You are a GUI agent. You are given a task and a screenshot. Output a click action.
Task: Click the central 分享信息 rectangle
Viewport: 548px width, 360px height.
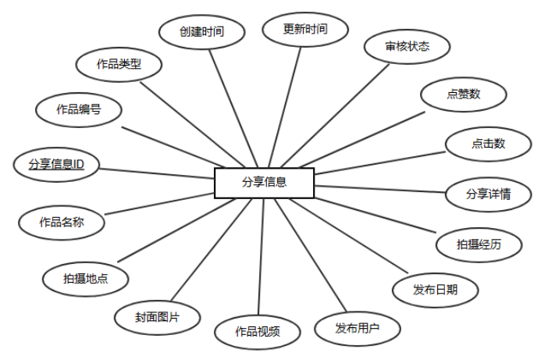point(264,183)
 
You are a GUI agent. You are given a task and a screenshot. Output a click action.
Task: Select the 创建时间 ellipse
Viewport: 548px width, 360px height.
point(202,32)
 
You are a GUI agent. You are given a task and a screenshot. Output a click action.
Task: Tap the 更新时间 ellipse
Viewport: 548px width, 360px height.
point(304,30)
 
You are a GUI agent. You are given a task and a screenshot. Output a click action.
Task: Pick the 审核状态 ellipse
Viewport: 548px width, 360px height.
point(407,47)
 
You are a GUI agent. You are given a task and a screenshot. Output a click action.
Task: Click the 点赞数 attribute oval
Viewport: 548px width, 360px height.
point(463,94)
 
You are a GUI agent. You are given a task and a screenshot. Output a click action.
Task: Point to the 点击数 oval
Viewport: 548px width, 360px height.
point(488,144)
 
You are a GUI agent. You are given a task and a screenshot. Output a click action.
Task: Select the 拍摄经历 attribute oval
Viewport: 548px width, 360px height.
point(479,244)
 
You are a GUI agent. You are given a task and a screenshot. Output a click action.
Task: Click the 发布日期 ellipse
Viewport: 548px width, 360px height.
point(435,290)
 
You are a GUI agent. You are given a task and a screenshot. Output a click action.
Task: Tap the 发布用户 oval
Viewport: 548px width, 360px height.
point(357,327)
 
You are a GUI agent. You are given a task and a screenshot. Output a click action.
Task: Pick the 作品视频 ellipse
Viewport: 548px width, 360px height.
point(257,331)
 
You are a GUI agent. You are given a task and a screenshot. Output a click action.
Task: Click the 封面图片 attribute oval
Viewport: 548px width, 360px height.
point(158,318)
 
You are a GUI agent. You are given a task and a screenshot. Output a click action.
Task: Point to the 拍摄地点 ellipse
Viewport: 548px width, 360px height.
point(85,277)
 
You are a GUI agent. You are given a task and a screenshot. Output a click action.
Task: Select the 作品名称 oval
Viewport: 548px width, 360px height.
point(61,222)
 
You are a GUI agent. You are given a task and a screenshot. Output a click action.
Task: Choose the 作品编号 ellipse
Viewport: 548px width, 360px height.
point(78,109)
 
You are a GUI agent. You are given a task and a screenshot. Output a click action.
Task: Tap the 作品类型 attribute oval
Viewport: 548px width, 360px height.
point(119,64)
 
